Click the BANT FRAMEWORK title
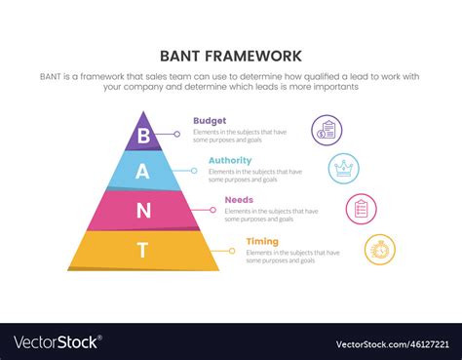[231, 56]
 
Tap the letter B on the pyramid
[144, 135]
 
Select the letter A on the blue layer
[143, 172]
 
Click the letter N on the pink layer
[143, 210]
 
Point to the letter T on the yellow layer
[143, 250]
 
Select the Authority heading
[230, 160]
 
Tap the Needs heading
[239, 200]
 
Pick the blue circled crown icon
[343, 168]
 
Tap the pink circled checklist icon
[361, 208]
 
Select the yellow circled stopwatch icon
[379, 249]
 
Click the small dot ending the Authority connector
[194, 172]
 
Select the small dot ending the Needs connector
[212, 211]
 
